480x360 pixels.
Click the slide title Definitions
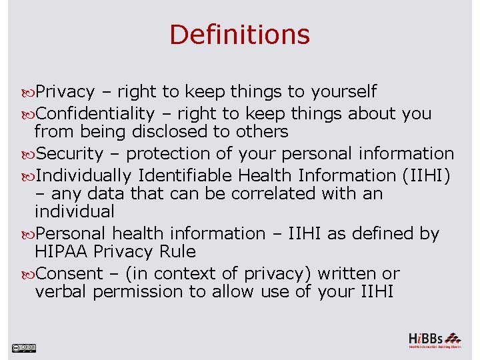coord(239,35)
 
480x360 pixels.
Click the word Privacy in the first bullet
coord(65,92)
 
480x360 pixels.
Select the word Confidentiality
coord(95,114)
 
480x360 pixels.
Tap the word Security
coord(70,154)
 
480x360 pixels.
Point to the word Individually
coord(84,176)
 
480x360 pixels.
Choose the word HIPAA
coord(62,252)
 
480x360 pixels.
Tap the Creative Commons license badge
coord(23,347)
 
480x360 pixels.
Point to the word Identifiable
coord(186,176)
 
